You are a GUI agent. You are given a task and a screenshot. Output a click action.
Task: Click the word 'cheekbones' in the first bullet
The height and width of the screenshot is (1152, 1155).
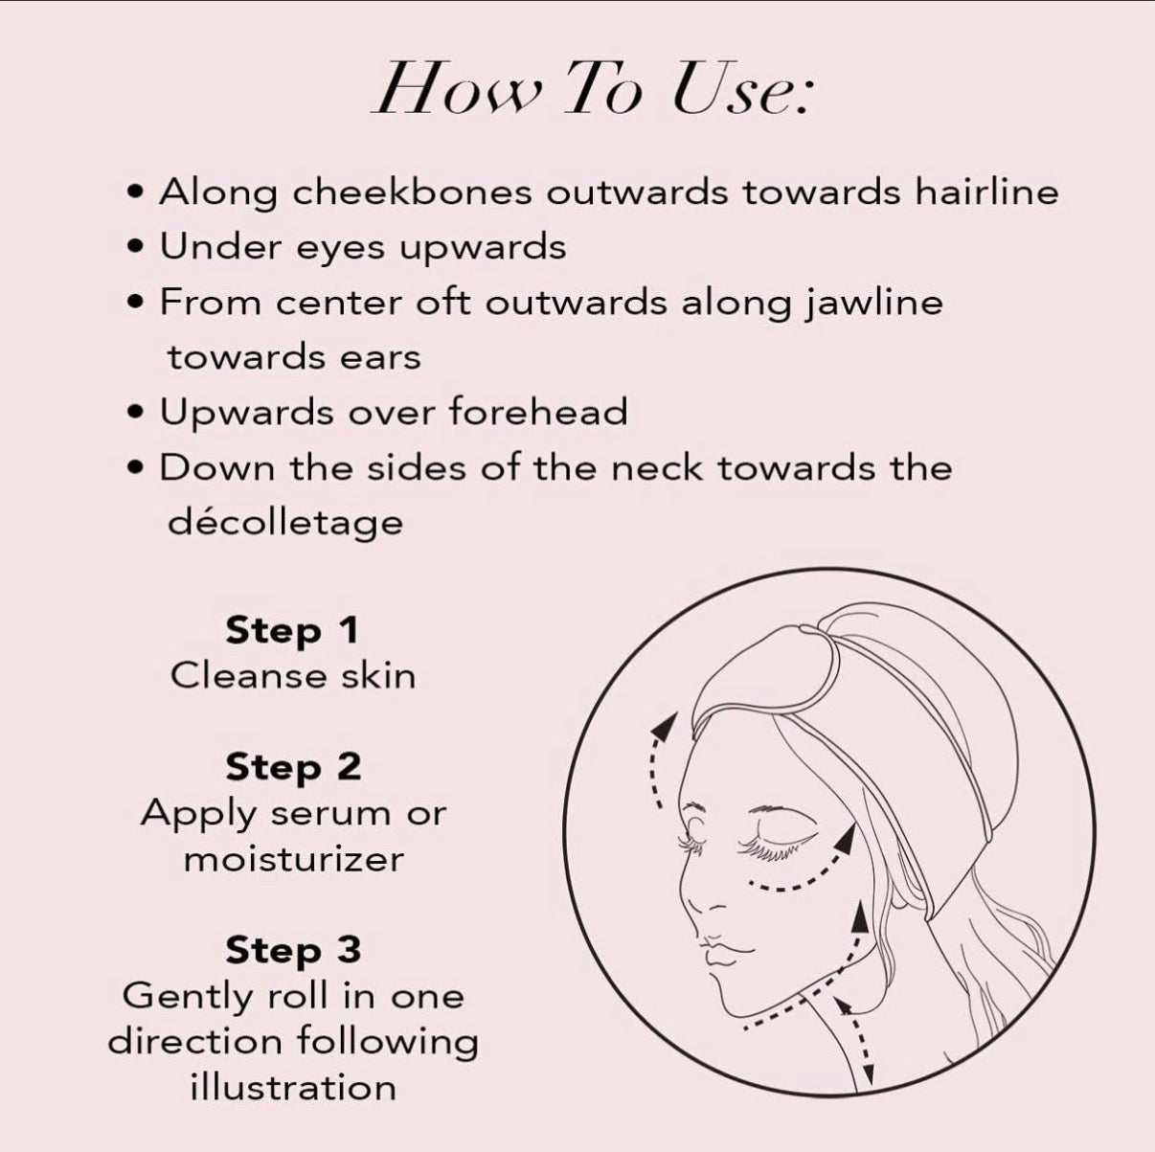click(x=412, y=192)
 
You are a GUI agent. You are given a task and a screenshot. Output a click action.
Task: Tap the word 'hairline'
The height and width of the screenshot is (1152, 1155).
click(x=986, y=192)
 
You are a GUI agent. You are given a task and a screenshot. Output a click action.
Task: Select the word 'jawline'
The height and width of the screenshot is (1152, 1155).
click(x=872, y=304)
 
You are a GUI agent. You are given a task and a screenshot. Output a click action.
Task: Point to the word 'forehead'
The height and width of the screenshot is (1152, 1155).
click(x=537, y=413)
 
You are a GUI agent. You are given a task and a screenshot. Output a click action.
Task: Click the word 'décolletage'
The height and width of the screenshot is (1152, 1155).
click(x=285, y=523)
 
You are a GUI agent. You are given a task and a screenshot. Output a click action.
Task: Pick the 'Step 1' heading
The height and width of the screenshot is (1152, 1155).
click(x=292, y=632)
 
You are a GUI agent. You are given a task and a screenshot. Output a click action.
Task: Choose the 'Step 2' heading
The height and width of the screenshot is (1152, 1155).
click(x=293, y=768)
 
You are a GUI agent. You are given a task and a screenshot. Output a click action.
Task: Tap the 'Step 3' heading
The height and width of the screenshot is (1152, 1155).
click(x=293, y=951)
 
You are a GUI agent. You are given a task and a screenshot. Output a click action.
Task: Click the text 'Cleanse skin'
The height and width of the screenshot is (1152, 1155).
click(x=293, y=677)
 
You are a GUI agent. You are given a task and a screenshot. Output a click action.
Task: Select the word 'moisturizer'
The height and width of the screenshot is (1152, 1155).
click(x=294, y=861)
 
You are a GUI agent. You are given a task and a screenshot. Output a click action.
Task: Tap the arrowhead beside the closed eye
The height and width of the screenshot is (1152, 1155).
click(x=845, y=842)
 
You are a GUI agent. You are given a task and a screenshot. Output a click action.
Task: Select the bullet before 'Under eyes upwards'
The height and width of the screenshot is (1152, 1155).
click(x=138, y=247)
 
